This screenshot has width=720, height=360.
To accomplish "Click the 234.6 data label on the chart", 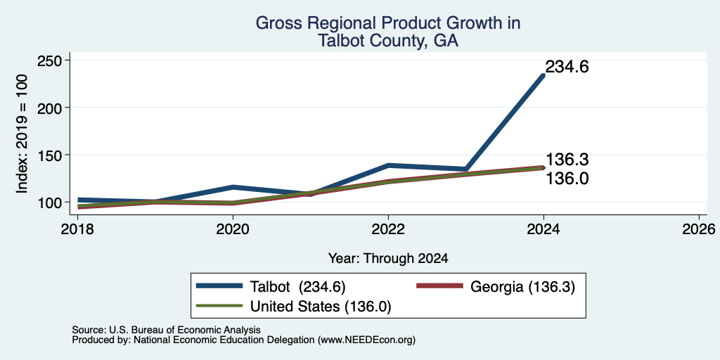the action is point(567,67).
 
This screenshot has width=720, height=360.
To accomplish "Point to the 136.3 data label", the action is point(567,160).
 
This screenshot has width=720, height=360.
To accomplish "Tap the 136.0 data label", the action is point(567,179).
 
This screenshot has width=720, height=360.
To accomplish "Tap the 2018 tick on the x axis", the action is point(77,229).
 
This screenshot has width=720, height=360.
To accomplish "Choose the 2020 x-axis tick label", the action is point(233,229).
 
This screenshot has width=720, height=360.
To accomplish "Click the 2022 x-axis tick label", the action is point(388,229).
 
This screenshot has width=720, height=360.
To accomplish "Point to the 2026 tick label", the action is point(700,229).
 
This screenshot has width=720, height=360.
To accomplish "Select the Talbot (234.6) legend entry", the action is point(271,287).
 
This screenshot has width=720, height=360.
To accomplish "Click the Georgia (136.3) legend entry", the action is point(496,287).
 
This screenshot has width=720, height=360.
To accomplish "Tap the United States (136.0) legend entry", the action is point(293,307).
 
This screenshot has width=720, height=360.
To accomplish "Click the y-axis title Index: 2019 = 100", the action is point(22,134).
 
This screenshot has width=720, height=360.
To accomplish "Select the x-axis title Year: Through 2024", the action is point(388,259).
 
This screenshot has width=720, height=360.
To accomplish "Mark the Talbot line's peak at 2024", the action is point(544,75).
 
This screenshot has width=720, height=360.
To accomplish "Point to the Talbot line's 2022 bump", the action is point(388,165).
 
